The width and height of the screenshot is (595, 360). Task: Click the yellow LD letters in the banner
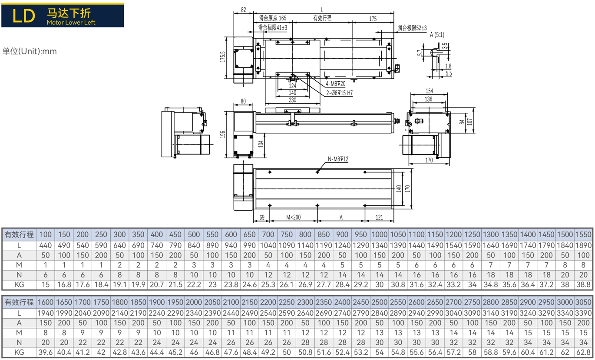click(23, 16)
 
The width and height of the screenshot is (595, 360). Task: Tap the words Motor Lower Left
click(71, 23)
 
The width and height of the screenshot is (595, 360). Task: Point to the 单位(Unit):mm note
click(30, 51)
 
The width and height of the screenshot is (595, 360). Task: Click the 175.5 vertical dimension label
click(223, 56)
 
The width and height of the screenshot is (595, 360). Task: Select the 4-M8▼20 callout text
click(335, 84)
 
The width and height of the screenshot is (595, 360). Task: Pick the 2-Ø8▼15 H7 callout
click(340, 93)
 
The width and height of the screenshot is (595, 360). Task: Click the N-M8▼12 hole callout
click(338, 159)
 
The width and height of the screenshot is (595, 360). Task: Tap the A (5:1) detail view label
click(437, 35)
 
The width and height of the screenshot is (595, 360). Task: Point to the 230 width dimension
click(292, 100)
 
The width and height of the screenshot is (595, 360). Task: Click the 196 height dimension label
click(223, 135)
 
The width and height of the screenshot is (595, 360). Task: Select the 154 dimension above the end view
click(429, 91)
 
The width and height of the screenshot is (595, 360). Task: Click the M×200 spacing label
click(293, 217)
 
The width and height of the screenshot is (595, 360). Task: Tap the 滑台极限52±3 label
click(412, 28)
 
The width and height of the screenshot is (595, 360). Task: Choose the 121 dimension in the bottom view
click(379, 217)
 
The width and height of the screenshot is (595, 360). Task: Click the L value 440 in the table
click(46, 245)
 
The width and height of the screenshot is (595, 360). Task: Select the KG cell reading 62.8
click(583, 352)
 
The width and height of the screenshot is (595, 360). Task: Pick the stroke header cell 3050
click(583, 302)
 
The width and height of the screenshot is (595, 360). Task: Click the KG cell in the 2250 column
click(287, 352)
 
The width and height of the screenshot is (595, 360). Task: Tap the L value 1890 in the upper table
click(583, 245)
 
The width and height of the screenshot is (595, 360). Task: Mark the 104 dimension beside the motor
click(261, 144)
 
